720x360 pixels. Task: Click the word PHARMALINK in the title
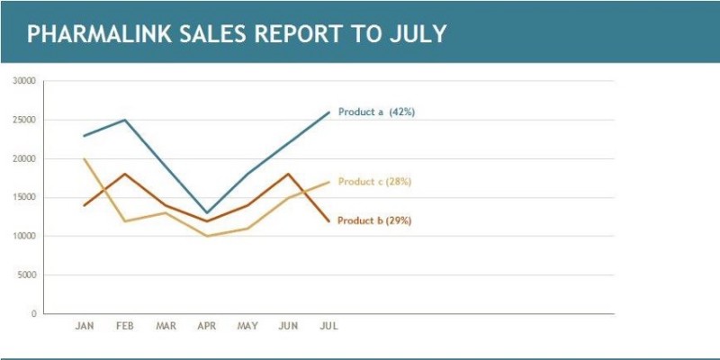coord(99,33)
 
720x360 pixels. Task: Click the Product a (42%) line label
coord(376,112)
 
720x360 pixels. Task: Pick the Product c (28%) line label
coord(374,182)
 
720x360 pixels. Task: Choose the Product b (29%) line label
coord(374,220)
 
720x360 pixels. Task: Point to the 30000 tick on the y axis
coord(25,81)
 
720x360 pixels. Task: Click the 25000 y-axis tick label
coord(25,120)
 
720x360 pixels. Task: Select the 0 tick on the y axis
coord(33,314)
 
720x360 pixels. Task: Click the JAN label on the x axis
coord(85,326)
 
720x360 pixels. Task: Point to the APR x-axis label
coord(207,326)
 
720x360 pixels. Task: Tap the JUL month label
coord(328,326)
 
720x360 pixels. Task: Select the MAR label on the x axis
coord(166,326)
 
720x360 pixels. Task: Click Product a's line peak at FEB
coord(125,120)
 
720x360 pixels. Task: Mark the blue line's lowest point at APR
coord(207,212)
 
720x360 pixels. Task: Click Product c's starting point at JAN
coord(84,159)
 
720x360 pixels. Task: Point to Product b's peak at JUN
coord(288,174)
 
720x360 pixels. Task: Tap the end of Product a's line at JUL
coord(328,112)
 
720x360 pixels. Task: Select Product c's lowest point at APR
coord(207,236)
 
